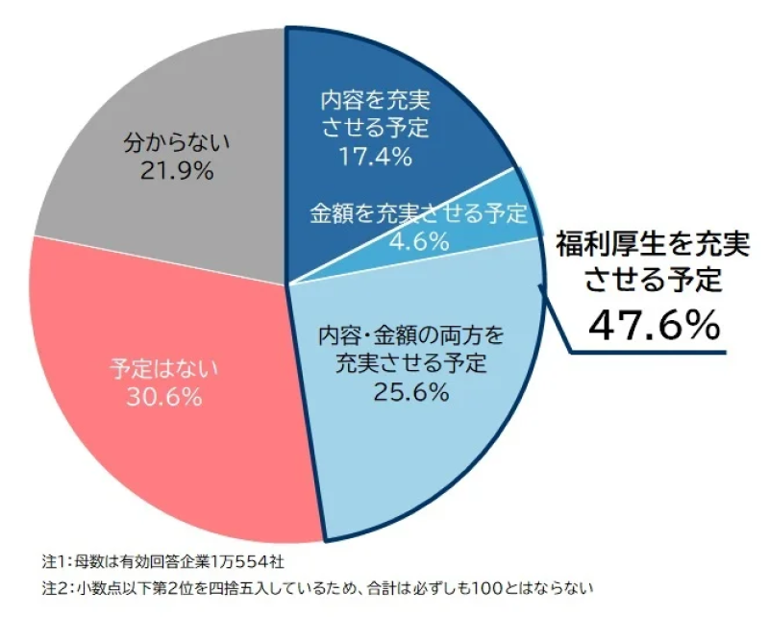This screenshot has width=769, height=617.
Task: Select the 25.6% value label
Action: (x=411, y=391)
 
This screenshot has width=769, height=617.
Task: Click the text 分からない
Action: (x=177, y=143)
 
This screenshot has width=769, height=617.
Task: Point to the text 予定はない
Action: (x=164, y=366)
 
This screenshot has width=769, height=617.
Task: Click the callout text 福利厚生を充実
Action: (x=654, y=244)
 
